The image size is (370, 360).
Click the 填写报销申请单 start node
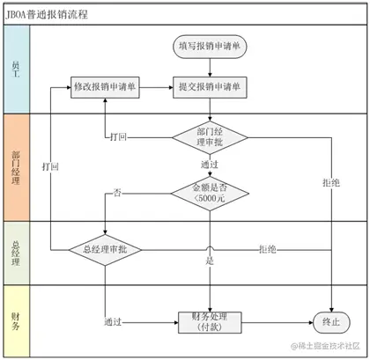coord(210,47)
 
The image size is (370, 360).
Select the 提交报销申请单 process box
coord(210,87)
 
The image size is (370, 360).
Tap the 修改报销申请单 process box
coord(105,87)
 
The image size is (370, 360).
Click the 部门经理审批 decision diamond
coord(210,137)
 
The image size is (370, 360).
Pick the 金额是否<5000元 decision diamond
coord(210,194)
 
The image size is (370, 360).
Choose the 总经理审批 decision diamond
coord(105,250)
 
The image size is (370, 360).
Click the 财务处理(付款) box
coord(210,322)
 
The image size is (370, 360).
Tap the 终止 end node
coord(331,322)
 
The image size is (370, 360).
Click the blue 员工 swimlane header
coord(17,70)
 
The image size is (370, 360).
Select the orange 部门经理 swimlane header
coord(17,167)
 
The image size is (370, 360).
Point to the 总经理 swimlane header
coord(17,253)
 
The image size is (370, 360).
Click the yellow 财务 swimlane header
coord(17,321)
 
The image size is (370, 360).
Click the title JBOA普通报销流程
coord(47,14)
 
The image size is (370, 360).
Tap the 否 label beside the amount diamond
coord(117,193)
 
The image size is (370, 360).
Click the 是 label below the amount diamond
coord(210,261)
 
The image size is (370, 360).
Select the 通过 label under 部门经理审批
coord(210,165)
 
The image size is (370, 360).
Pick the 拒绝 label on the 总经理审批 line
coord(268,249)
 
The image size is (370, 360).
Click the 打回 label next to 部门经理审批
coord(118,136)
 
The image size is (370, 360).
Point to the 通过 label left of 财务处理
coord(113,322)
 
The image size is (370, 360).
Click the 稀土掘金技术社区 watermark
coord(325,346)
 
